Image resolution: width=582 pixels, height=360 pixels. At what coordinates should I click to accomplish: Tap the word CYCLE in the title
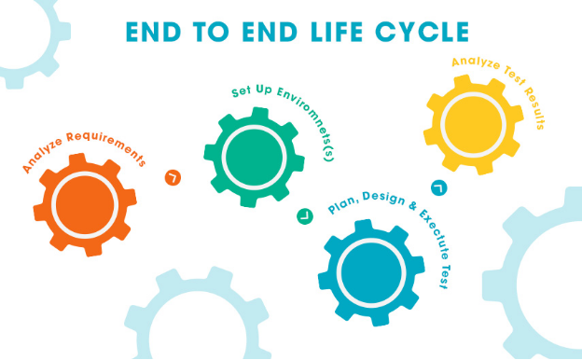(x=422, y=32)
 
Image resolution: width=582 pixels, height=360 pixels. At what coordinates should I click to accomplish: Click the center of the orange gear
(x=85, y=204)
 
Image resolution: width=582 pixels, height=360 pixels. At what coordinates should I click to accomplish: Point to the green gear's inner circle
(x=255, y=158)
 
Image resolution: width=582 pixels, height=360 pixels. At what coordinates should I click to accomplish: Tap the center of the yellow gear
(x=473, y=124)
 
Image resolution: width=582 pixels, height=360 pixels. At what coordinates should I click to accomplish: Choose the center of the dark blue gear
(x=371, y=272)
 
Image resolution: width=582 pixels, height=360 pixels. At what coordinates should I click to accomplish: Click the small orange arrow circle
(x=173, y=178)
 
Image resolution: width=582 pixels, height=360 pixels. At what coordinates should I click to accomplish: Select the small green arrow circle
(x=305, y=216)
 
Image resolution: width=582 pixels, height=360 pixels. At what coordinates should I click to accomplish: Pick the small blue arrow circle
(x=439, y=187)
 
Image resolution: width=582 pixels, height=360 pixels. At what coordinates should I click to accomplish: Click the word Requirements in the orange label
(x=107, y=145)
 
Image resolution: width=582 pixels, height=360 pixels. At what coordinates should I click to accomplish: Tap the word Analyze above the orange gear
(x=42, y=155)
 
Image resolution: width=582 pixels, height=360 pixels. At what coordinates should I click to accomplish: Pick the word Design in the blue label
(x=383, y=198)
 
